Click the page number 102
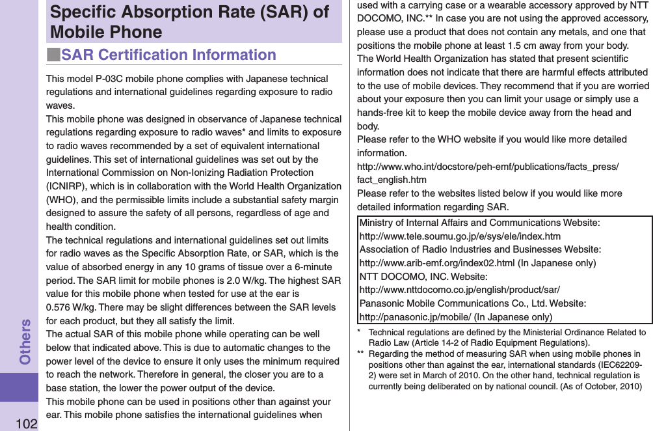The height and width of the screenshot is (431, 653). [27, 424]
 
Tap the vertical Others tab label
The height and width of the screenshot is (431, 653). [25, 341]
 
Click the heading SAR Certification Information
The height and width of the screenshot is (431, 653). [168, 55]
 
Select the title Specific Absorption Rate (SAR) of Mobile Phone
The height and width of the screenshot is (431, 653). [189, 22]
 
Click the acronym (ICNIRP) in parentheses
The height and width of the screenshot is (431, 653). [68, 186]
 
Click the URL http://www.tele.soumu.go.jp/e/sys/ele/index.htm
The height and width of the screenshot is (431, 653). [460, 236]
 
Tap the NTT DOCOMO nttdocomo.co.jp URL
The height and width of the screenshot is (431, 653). [459, 290]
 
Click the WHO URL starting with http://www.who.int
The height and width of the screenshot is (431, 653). [488, 167]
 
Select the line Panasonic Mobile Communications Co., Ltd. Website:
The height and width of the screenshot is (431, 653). [473, 303]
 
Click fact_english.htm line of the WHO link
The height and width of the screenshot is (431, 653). [392, 180]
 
